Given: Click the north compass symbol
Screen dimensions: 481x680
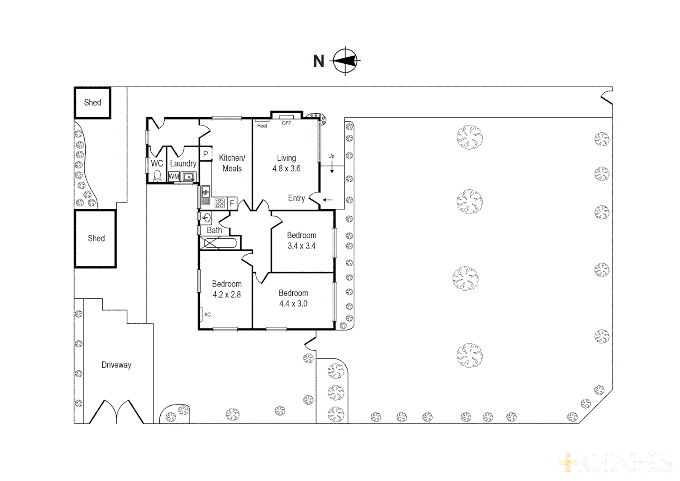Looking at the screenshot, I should pyautogui.click(x=346, y=61).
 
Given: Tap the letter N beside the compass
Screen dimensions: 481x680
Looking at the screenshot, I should pyautogui.click(x=319, y=61).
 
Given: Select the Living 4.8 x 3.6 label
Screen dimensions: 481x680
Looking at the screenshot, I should pyautogui.click(x=286, y=163).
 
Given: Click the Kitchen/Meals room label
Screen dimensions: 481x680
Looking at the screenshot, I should pyautogui.click(x=232, y=163).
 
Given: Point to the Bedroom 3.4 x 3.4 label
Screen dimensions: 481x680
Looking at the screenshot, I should pyautogui.click(x=301, y=240).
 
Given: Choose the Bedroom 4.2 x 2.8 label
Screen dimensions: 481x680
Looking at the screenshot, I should pyautogui.click(x=227, y=289).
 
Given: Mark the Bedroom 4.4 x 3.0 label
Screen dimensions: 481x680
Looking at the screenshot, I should pyautogui.click(x=293, y=298).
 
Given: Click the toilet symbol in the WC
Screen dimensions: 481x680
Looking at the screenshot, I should pyautogui.click(x=157, y=176).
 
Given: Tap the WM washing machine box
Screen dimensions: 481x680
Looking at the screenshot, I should pyautogui.click(x=174, y=176).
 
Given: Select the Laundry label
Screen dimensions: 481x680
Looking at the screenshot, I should pyautogui.click(x=183, y=163).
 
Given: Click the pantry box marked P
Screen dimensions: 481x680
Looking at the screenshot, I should pyautogui.click(x=205, y=154).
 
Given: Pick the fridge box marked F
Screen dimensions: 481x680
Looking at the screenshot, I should pyautogui.click(x=232, y=203).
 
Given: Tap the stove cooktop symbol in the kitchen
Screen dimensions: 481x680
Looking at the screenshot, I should pyautogui.click(x=220, y=203).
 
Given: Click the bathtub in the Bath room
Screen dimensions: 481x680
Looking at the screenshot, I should pyautogui.click(x=219, y=243).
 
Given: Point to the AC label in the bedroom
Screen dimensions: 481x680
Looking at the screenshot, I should pyautogui.click(x=207, y=314).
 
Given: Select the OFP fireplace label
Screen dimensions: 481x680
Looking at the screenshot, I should pyautogui.click(x=287, y=123).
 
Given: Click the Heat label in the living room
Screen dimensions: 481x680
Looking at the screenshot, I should pyautogui.click(x=262, y=126).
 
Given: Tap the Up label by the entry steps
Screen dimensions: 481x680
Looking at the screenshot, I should pyautogui.click(x=331, y=156).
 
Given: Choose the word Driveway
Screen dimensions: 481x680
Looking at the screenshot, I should pyautogui.click(x=116, y=365).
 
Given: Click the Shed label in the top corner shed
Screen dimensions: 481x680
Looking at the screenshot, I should pyautogui.click(x=93, y=102).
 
